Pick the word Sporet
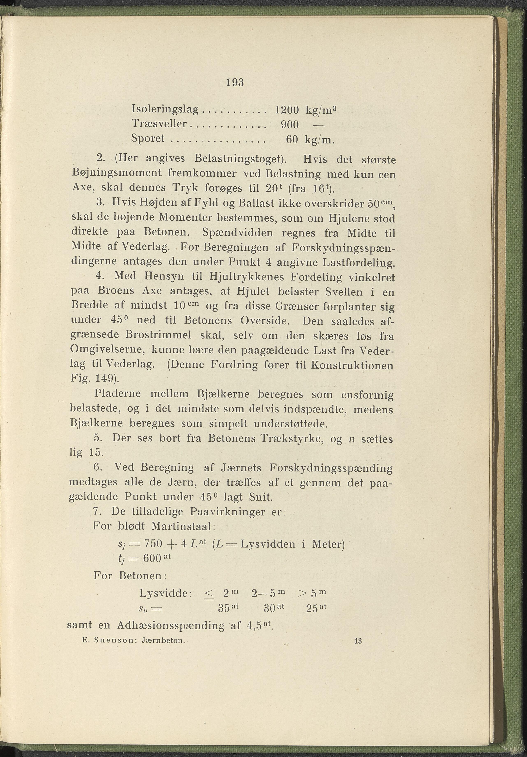pyautogui.click(x=148, y=139)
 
